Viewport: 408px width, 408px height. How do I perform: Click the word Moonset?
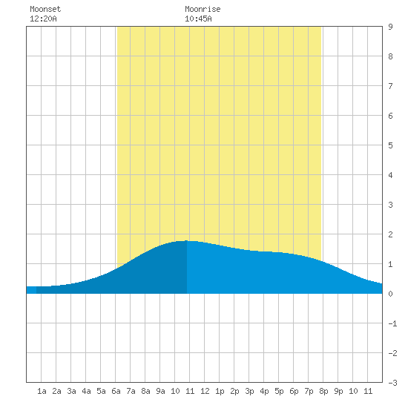point(45,9)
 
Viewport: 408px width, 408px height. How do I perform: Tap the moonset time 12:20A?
point(43,19)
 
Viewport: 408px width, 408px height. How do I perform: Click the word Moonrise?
point(203,9)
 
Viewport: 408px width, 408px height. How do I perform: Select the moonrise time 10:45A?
point(198,19)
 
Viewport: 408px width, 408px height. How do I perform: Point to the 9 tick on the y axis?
point(390,27)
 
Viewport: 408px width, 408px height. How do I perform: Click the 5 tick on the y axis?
point(390,145)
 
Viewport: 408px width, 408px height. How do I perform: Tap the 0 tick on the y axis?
point(390,294)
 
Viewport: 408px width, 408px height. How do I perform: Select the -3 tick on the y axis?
point(392,383)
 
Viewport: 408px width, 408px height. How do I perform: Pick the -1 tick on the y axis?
point(392,323)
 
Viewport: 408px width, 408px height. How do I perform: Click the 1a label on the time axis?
point(42,391)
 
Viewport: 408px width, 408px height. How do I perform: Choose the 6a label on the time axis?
point(116,391)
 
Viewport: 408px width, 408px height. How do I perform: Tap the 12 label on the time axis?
point(205,391)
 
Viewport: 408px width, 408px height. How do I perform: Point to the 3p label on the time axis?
point(249,391)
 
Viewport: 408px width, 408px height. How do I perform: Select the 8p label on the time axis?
point(323,391)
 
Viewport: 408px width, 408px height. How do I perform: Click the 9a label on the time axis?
point(160,391)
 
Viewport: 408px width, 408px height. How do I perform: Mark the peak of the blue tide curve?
point(186,240)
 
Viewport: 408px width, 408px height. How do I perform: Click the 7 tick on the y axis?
point(390,86)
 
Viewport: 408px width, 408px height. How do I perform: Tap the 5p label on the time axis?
point(279,391)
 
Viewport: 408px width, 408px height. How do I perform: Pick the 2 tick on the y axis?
point(390,234)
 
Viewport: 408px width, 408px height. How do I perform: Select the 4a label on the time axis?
point(86,391)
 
